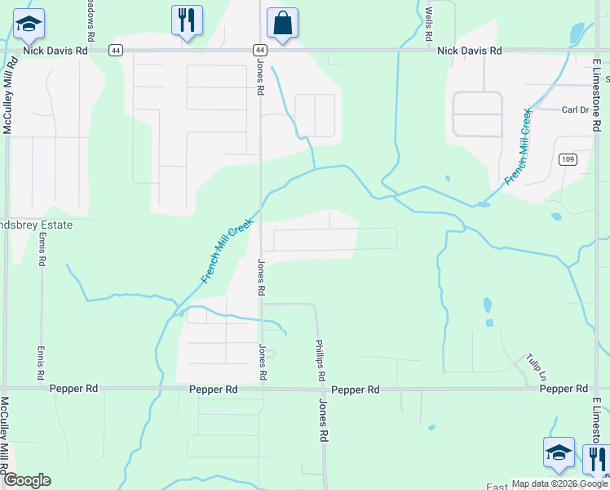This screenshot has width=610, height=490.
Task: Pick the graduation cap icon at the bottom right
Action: (x=559, y=453)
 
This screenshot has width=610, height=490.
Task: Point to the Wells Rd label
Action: (x=428, y=24)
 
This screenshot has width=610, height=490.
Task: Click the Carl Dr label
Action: (x=575, y=110)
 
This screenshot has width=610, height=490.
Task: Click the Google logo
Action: (x=27, y=480)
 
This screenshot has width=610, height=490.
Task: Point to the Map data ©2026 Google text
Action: (x=559, y=483)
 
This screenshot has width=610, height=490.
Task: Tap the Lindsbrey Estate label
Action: (x=36, y=225)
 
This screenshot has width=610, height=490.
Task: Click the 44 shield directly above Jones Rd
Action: (x=259, y=50)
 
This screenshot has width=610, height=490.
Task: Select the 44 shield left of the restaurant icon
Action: (x=117, y=50)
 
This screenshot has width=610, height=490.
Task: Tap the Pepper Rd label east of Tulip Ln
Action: (x=564, y=390)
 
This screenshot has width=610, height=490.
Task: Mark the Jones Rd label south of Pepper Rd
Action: (x=323, y=421)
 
